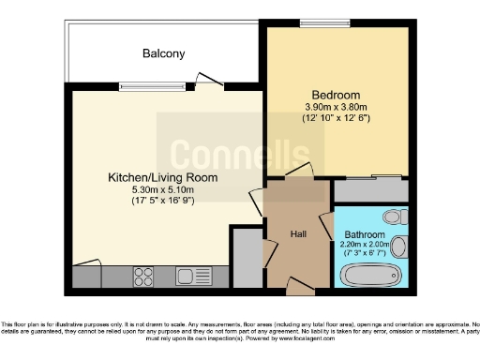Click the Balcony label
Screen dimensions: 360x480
163,53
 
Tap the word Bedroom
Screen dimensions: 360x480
336,95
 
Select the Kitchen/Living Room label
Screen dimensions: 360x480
162,176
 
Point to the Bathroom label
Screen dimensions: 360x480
364,234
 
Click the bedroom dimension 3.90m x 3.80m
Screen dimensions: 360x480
336,108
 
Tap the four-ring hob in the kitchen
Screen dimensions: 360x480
144,277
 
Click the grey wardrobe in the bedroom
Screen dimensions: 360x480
370,190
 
